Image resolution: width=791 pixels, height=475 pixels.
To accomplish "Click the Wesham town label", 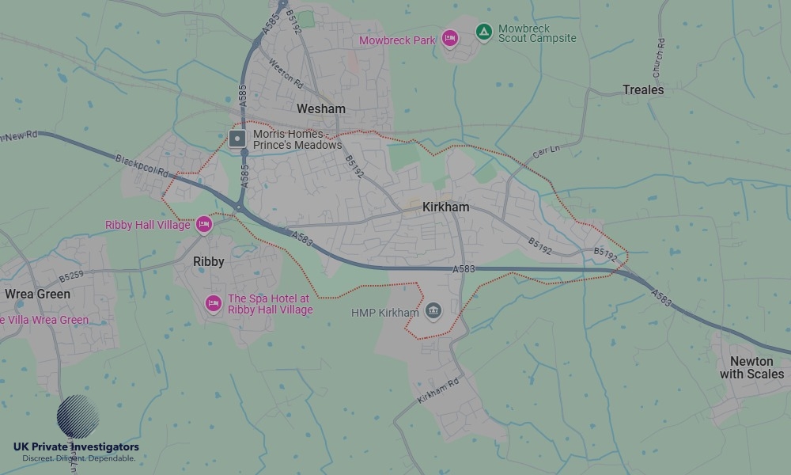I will tap(320, 108).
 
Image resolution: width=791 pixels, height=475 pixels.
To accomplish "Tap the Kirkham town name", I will tap(445, 207).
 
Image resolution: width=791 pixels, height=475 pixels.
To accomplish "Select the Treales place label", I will tap(642, 89).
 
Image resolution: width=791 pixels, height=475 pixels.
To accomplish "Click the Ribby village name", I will tap(209, 261).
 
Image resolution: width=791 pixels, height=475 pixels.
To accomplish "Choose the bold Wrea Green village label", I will tap(37, 294).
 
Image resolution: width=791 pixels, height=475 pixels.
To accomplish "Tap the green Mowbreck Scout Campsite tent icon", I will tap(483, 32).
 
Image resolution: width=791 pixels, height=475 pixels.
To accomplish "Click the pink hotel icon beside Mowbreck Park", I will tap(450, 38).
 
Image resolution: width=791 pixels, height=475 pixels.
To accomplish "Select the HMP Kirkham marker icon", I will tap(433, 310).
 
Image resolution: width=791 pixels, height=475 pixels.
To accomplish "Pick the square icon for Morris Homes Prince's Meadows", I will tap(237, 139).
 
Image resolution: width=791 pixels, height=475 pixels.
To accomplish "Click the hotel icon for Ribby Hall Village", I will tap(204, 225).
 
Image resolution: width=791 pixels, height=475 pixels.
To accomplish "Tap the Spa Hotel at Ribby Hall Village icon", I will tap(213, 303).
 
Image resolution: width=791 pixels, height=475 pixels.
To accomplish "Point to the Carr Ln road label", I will tap(546, 150).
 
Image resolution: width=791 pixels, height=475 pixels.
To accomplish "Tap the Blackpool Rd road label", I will tap(142, 165).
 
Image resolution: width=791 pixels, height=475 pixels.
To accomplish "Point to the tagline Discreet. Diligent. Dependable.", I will tap(78, 458).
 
